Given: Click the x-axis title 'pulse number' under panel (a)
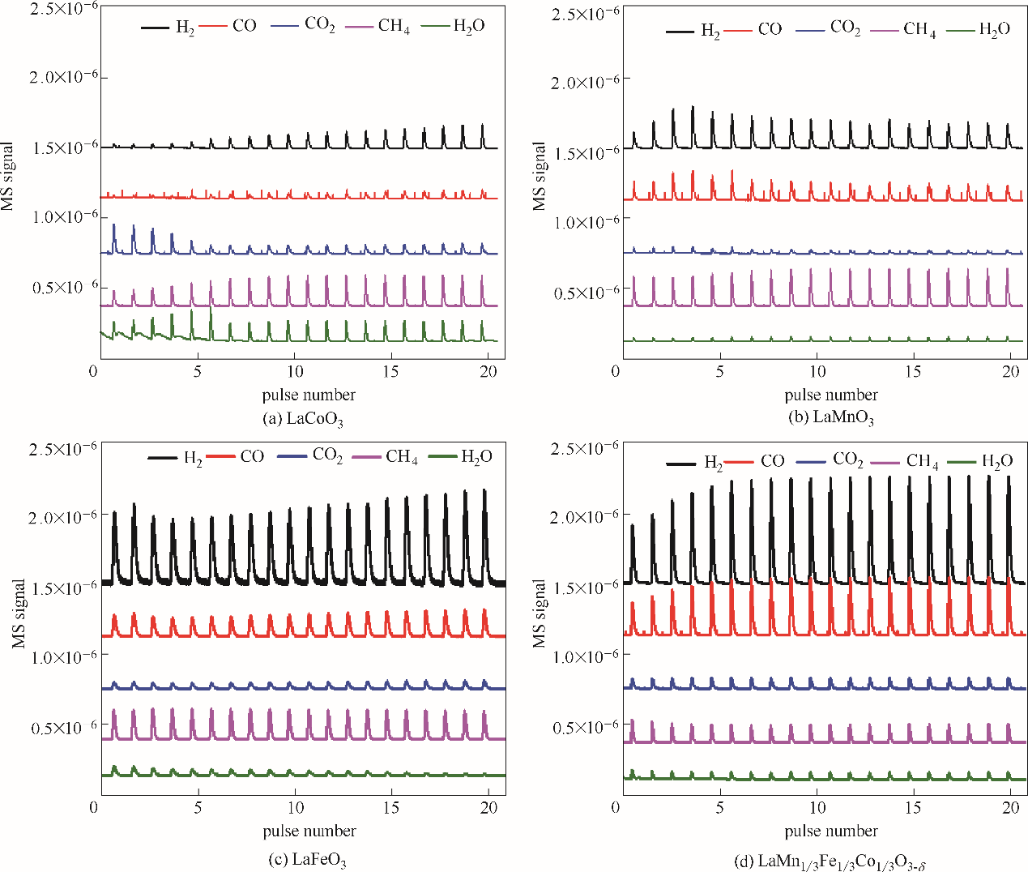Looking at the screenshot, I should click(x=309, y=395).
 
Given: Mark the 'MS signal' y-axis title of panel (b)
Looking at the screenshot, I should click(x=540, y=177).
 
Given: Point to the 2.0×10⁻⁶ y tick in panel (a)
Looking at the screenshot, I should click(x=64, y=76).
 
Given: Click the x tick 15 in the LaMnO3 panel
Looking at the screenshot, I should click(x=913, y=371).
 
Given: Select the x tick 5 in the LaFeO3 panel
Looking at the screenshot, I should click(x=198, y=807).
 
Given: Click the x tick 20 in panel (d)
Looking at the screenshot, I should click(x=1010, y=807).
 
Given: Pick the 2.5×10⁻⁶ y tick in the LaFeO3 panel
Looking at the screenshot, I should click(x=64, y=448).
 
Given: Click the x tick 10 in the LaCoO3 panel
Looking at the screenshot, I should click(x=295, y=371).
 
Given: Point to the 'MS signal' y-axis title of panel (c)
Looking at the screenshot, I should click(x=19, y=613).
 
